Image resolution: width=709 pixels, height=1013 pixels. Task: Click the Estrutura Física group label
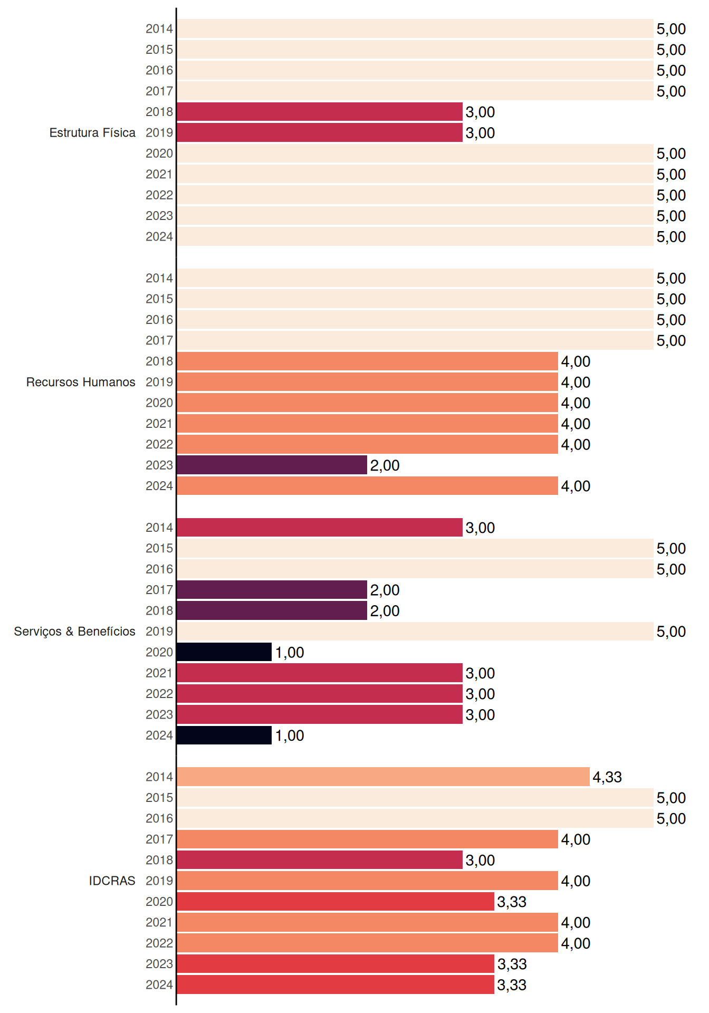pos(92,132)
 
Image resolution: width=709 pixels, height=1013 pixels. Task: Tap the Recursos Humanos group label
pos(81,382)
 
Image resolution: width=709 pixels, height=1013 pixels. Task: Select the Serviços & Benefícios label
pos(74,632)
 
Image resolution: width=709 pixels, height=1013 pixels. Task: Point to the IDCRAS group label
pos(112,881)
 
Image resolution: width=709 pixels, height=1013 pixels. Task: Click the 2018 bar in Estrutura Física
pos(320,112)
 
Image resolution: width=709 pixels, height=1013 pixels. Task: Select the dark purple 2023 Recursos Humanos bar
pos(272,465)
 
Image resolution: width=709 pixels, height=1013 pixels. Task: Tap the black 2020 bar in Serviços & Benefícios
pos(224,652)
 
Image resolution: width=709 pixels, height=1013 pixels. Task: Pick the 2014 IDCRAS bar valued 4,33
pos(384,777)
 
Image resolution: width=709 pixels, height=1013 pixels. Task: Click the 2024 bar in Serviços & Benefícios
pos(224,735)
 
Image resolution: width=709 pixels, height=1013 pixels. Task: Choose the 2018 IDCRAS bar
pos(320,860)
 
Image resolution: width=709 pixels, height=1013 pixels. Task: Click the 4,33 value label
pos(607,777)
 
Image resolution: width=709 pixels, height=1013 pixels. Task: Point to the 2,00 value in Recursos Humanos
pos(385,465)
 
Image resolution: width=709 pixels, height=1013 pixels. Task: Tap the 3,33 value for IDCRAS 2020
pos(512,902)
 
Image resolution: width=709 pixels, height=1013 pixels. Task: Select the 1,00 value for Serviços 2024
pos(290,735)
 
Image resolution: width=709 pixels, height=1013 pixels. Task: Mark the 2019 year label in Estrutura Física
pos(159,132)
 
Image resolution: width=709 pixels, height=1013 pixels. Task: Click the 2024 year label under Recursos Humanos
pos(159,486)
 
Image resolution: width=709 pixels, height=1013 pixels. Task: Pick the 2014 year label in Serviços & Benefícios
pos(159,528)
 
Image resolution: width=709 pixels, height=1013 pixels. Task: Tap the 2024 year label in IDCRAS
pos(159,985)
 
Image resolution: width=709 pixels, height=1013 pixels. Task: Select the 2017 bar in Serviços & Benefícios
pos(272,590)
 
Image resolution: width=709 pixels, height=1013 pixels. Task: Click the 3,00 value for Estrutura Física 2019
pos(480,133)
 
